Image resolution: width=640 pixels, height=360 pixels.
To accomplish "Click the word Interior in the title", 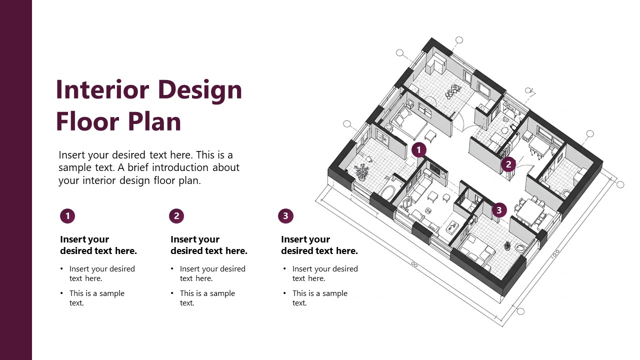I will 102,90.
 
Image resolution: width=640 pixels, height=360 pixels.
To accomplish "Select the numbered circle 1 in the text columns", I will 67,216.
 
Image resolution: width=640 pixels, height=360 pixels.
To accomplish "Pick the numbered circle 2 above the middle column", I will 176,216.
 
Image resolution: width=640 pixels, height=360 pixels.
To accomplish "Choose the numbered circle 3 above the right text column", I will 285,216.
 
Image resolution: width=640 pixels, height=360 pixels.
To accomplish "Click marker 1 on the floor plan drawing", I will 419,149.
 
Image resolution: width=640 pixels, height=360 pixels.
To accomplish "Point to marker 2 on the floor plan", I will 508,164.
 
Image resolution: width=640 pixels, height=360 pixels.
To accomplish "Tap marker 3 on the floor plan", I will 499,210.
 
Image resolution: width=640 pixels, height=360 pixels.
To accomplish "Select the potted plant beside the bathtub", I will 361,172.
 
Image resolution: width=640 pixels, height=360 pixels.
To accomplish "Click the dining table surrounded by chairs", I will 531,210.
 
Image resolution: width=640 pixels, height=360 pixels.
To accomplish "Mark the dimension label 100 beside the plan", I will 554,254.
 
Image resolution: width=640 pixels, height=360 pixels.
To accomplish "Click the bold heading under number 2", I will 208,245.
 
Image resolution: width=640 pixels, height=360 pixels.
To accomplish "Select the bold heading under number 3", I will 319,245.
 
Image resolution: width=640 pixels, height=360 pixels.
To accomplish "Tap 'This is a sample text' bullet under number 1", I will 96,298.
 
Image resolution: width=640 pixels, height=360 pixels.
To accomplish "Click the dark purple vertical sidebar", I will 16,180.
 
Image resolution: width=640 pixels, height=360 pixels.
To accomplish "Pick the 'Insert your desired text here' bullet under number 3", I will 325,273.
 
